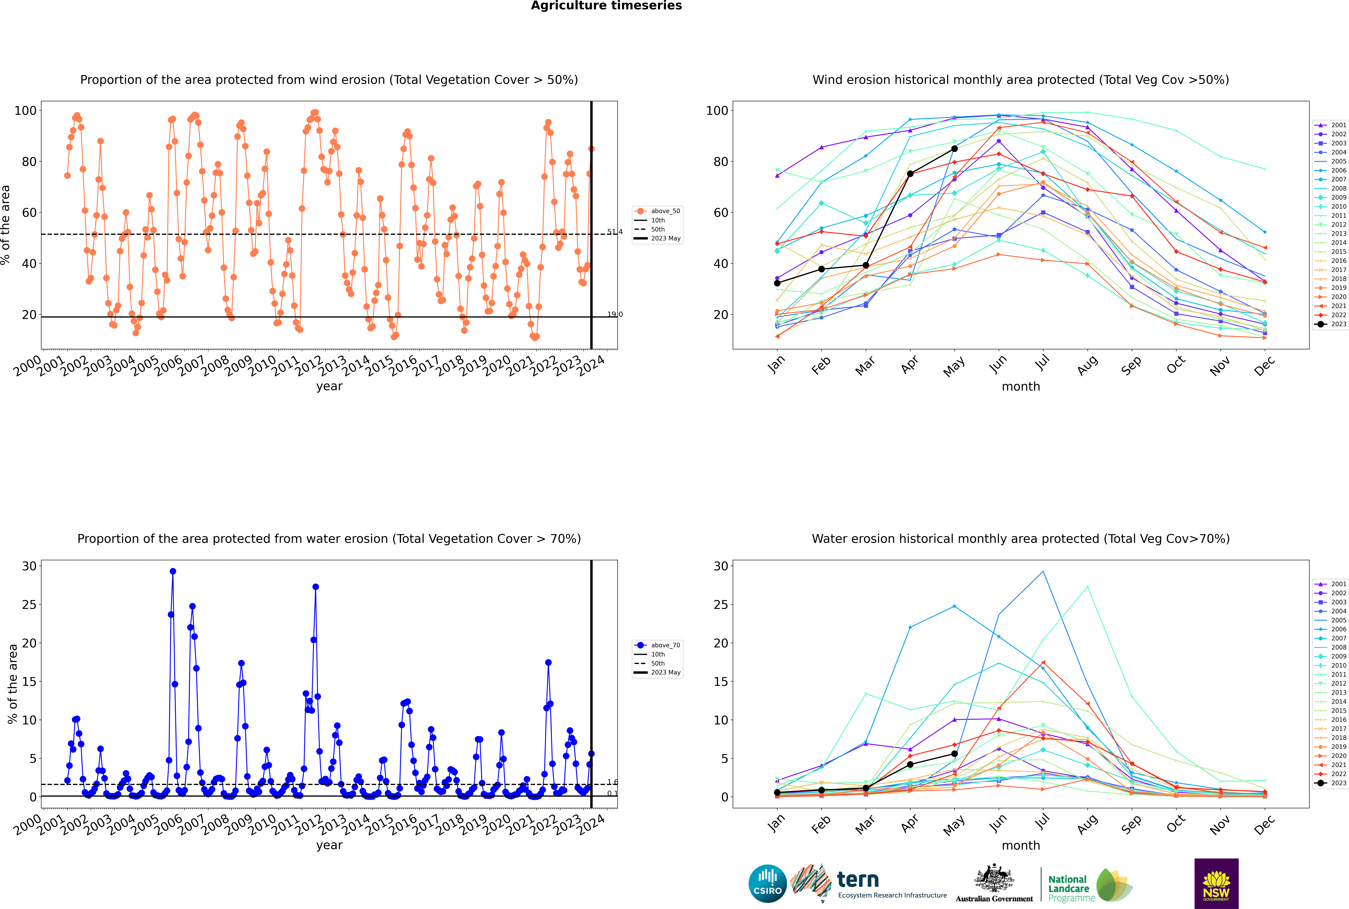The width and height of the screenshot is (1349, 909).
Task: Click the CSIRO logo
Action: [x=767, y=884]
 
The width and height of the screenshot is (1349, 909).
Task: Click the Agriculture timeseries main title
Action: [x=606, y=6]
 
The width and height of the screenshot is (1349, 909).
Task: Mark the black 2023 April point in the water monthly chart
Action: [x=910, y=765]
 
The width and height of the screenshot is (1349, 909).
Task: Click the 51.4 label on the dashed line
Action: [x=614, y=232]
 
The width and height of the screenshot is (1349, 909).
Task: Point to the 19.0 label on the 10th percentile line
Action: [x=614, y=314]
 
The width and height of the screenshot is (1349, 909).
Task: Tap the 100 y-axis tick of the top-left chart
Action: [x=25, y=110]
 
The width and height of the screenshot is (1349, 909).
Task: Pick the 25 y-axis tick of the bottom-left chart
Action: [x=29, y=605]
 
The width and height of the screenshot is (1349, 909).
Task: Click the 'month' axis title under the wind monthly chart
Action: [x=1021, y=387]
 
